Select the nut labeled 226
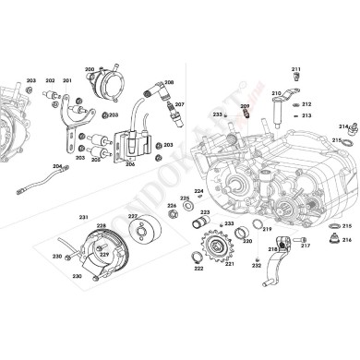pyautogui.click(x=173, y=218)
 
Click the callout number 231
pyautogui.click(x=83, y=217)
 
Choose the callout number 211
pyautogui.click(x=296, y=70)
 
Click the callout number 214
pyautogui.click(x=342, y=126)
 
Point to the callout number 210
pyautogui.click(x=276, y=93)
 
